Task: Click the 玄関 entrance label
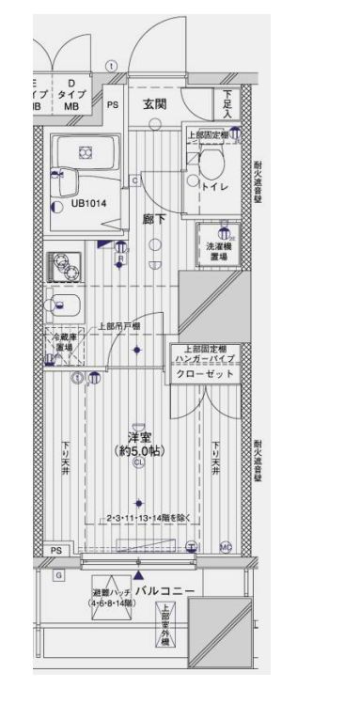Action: (x=156, y=103)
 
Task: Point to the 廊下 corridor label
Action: (x=153, y=219)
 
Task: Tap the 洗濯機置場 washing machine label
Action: (x=217, y=252)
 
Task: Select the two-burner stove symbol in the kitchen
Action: (x=63, y=266)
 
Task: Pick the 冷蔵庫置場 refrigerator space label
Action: (x=64, y=342)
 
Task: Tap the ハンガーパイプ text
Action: (x=205, y=358)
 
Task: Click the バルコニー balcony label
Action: (x=164, y=590)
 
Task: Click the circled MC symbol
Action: (x=226, y=545)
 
